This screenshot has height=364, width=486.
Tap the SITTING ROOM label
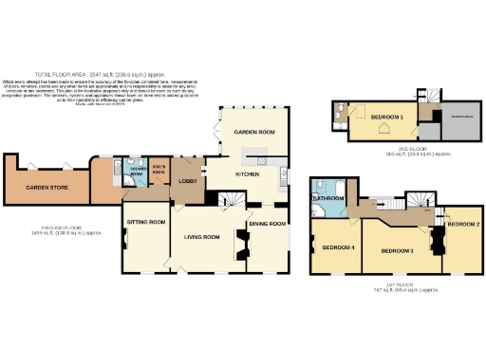[146, 222]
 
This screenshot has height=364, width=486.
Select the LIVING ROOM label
[202, 238]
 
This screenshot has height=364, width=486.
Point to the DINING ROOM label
[267, 225]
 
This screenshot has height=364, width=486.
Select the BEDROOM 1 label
[386, 116]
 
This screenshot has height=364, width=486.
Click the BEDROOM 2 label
[463, 224]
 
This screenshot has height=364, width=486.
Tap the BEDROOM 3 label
[397, 251]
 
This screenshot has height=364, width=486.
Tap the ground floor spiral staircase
[231, 199]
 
